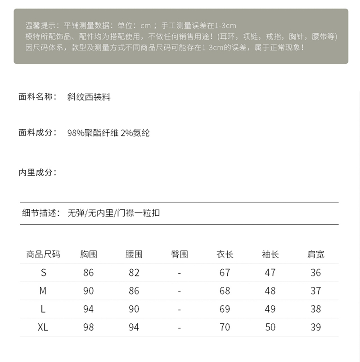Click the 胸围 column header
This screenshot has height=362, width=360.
coord(89,254)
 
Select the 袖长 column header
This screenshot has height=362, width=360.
coord(270,254)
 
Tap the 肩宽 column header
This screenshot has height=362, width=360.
coord(315,254)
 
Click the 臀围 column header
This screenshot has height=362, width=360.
coord(179,254)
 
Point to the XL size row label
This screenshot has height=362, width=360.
coord(43,327)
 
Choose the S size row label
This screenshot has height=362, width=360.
coord(43,272)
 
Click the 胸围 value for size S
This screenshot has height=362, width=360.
coord(89,272)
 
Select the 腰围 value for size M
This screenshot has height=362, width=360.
coord(134,291)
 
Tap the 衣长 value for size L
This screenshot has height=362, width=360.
coord(225,309)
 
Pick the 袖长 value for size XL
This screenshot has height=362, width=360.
coord(270,327)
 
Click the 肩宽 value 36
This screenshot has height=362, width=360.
coord(315,272)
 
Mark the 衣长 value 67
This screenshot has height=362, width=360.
coord(225,272)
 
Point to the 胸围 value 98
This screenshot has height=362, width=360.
coord(89,327)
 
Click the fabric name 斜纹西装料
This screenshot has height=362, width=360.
coord(89,97)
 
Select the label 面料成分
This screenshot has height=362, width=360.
coord(37,132)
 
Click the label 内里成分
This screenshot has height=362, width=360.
coord(37,172)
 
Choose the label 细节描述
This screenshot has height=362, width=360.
coord(40,213)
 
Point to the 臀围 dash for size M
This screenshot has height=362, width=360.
coord(179,291)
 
